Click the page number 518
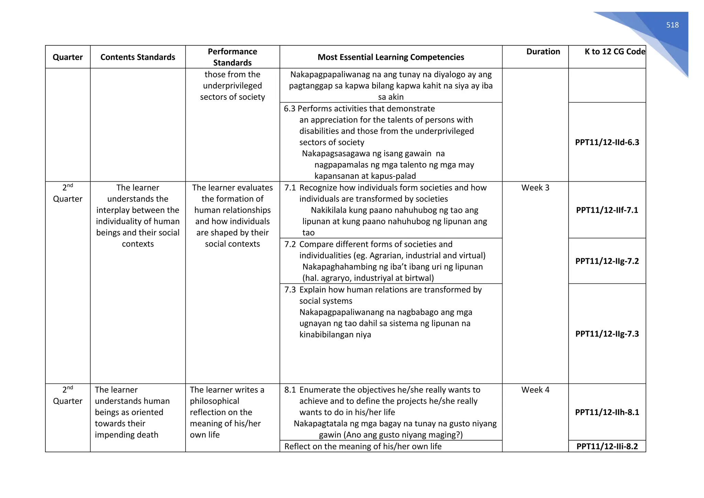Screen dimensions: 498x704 [x=672, y=25]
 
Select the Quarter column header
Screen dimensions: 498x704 [x=68, y=57]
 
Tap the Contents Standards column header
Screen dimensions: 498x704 [x=137, y=57]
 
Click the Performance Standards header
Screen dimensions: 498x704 [x=232, y=57]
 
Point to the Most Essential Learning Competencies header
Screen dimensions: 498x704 [x=390, y=57]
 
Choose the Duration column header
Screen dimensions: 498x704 [x=543, y=52]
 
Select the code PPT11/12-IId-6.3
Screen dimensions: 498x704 [x=607, y=142]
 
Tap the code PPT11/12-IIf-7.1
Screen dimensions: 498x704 [x=607, y=210]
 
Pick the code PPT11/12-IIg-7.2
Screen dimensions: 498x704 [x=607, y=261]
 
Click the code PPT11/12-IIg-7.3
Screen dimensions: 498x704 [x=607, y=334]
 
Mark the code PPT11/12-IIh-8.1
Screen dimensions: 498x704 [x=607, y=412]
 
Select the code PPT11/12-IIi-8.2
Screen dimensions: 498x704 [x=607, y=446]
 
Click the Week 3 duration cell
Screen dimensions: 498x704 [x=535, y=188]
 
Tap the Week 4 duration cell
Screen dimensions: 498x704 [x=535, y=390]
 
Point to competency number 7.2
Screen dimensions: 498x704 [x=290, y=245]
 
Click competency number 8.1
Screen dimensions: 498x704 [x=290, y=390]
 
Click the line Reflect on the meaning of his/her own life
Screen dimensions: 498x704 [x=363, y=446]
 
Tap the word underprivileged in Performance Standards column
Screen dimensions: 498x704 [x=232, y=86]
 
